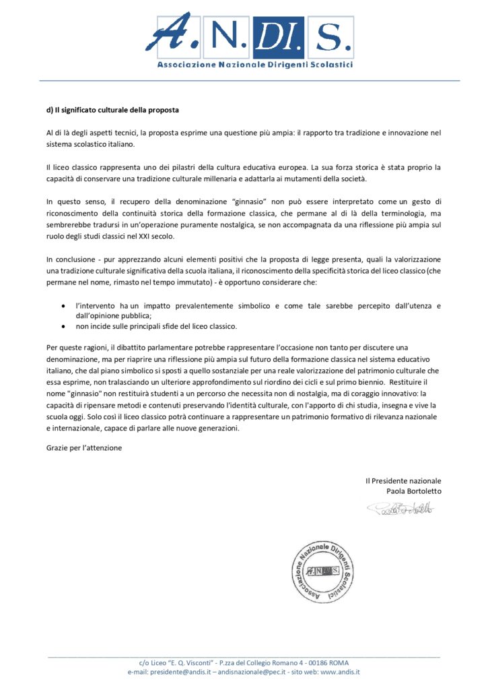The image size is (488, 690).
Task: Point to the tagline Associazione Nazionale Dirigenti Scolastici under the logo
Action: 255,65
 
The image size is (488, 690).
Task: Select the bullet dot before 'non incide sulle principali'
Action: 63,326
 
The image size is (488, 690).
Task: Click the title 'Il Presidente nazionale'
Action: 403,480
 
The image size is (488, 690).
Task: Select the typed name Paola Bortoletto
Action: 414,491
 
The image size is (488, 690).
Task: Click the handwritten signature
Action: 400,507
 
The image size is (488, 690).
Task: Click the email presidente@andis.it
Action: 186,672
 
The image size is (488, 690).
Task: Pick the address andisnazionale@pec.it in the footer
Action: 261,672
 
